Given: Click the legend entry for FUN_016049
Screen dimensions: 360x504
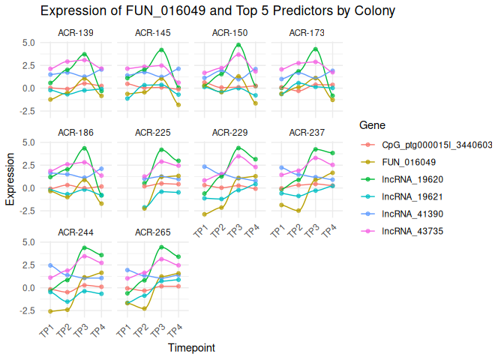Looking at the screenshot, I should [x=409, y=162].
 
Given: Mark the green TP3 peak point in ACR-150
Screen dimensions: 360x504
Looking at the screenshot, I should [x=238, y=45].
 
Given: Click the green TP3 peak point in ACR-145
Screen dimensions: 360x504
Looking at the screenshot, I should [x=161, y=50].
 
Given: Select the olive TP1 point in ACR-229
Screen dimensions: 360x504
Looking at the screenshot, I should [x=205, y=214].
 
